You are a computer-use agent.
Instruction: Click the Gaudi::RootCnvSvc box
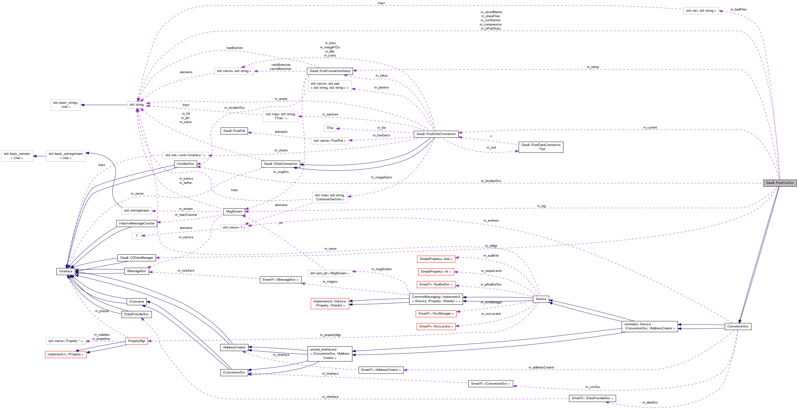click(779, 183)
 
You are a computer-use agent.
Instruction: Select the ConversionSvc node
click(738, 326)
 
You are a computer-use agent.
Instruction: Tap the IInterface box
click(66, 271)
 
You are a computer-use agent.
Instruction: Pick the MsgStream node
click(234, 212)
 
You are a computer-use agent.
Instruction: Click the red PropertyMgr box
click(136, 341)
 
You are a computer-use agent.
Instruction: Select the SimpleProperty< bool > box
click(436, 259)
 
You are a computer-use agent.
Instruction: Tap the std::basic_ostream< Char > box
click(17, 156)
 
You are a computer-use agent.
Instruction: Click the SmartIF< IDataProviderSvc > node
click(592, 399)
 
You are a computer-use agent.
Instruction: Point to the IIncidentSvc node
click(185, 164)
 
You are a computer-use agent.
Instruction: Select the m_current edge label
click(650, 128)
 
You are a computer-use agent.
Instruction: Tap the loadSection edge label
click(235, 48)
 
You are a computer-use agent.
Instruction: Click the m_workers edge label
click(491, 221)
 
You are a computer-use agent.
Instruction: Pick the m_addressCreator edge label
click(541, 368)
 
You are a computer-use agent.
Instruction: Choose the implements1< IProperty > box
click(65, 354)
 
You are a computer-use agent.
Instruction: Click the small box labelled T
click(136, 236)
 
